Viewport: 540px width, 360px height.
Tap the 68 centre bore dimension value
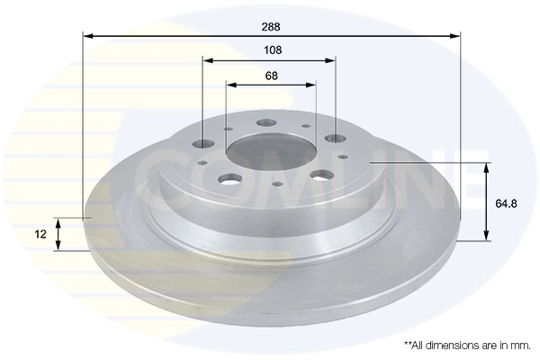[271, 76]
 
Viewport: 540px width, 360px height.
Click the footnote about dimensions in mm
[468, 345]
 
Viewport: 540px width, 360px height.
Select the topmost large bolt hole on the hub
[266, 122]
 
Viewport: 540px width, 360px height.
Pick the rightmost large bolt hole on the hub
[336, 138]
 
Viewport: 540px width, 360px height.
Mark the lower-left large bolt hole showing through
[230, 176]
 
